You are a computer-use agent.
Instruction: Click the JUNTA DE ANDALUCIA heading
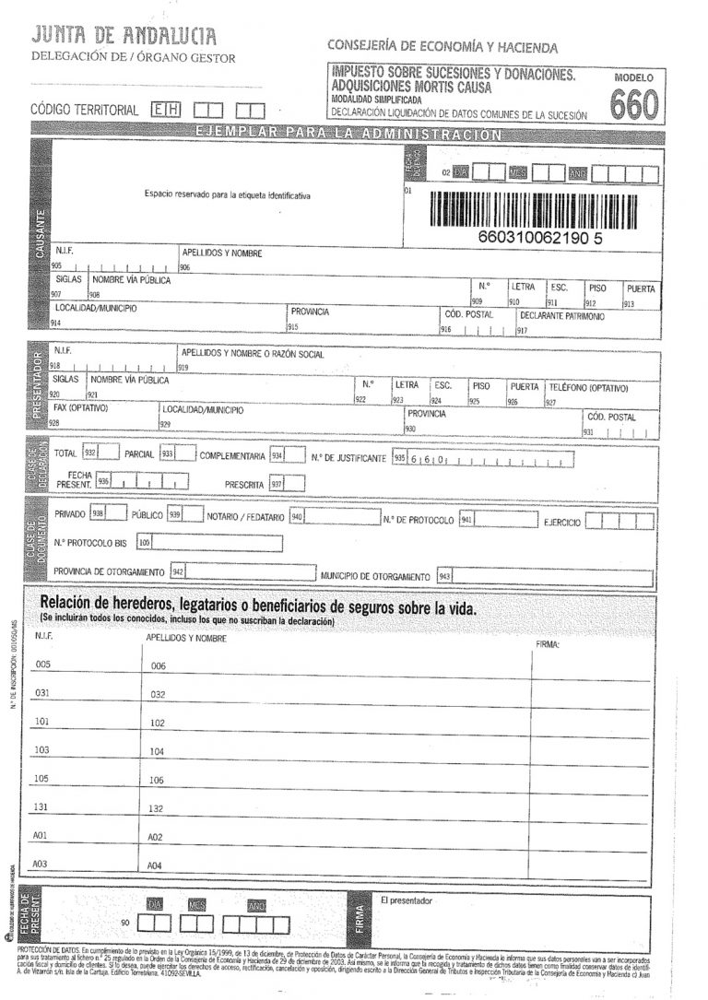coord(124,37)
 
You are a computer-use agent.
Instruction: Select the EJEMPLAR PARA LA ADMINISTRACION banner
coord(348,134)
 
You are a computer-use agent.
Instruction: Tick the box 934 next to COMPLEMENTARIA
coord(295,455)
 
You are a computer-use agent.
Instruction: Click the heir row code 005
coord(41,665)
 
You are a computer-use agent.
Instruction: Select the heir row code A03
coord(40,864)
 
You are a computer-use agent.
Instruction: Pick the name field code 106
coord(157,780)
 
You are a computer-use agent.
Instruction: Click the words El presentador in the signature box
coord(406,900)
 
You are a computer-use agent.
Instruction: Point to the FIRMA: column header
coord(548,644)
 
